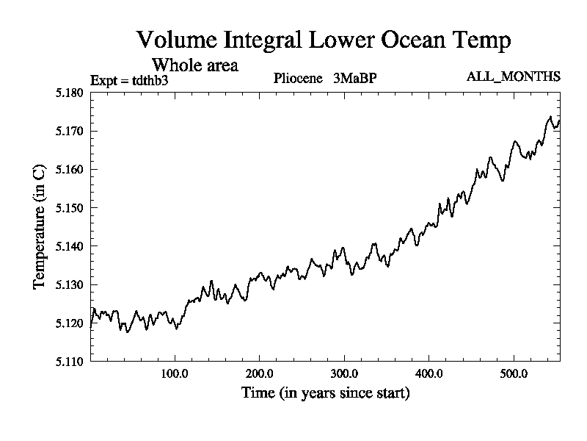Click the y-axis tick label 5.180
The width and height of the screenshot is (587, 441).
pyautogui.click(x=72, y=93)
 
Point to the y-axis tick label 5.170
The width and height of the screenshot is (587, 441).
pyautogui.click(x=72, y=131)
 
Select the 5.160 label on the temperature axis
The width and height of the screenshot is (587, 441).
pyautogui.click(x=72, y=169)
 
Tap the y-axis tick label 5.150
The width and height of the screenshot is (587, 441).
pyautogui.click(x=72, y=207)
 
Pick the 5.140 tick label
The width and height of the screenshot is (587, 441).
pyautogui.click(x=72, y=245)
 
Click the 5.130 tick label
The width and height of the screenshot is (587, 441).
pyautogui.click(x=72, y=284)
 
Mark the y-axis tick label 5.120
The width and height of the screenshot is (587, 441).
pyautogui.click(x=72, y=322)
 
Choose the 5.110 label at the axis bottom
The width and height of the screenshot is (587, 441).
pyautogui.click(x=72, y=360)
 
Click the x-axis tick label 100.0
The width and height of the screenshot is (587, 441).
pyautogui.click(x=175, y=374)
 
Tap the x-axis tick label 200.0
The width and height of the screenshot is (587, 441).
pyautogui.click(x=260, y=374)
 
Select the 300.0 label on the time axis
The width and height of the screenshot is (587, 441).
pyautogui.click(x=344, y=374)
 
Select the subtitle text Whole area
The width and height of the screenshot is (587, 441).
pyautogui.click(x=194, y=65)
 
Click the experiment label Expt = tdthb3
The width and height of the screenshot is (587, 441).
pyautogui.click(x=129, y=80)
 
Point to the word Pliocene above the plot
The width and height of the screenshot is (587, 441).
pyautogui.click(x=299, y=78)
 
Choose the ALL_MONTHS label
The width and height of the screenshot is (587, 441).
pyautogui.click(x=514, y=76)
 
